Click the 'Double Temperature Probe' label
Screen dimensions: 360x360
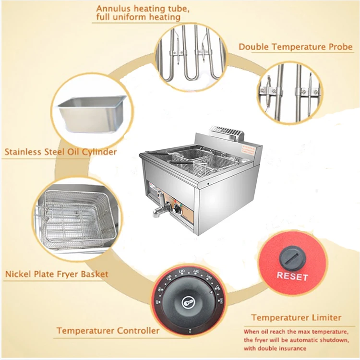(296, 47)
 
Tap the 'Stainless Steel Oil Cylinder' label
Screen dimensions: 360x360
(61, 153)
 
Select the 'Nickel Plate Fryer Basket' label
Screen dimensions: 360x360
(57, 275)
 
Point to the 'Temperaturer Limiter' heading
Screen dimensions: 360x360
(296, 317)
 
